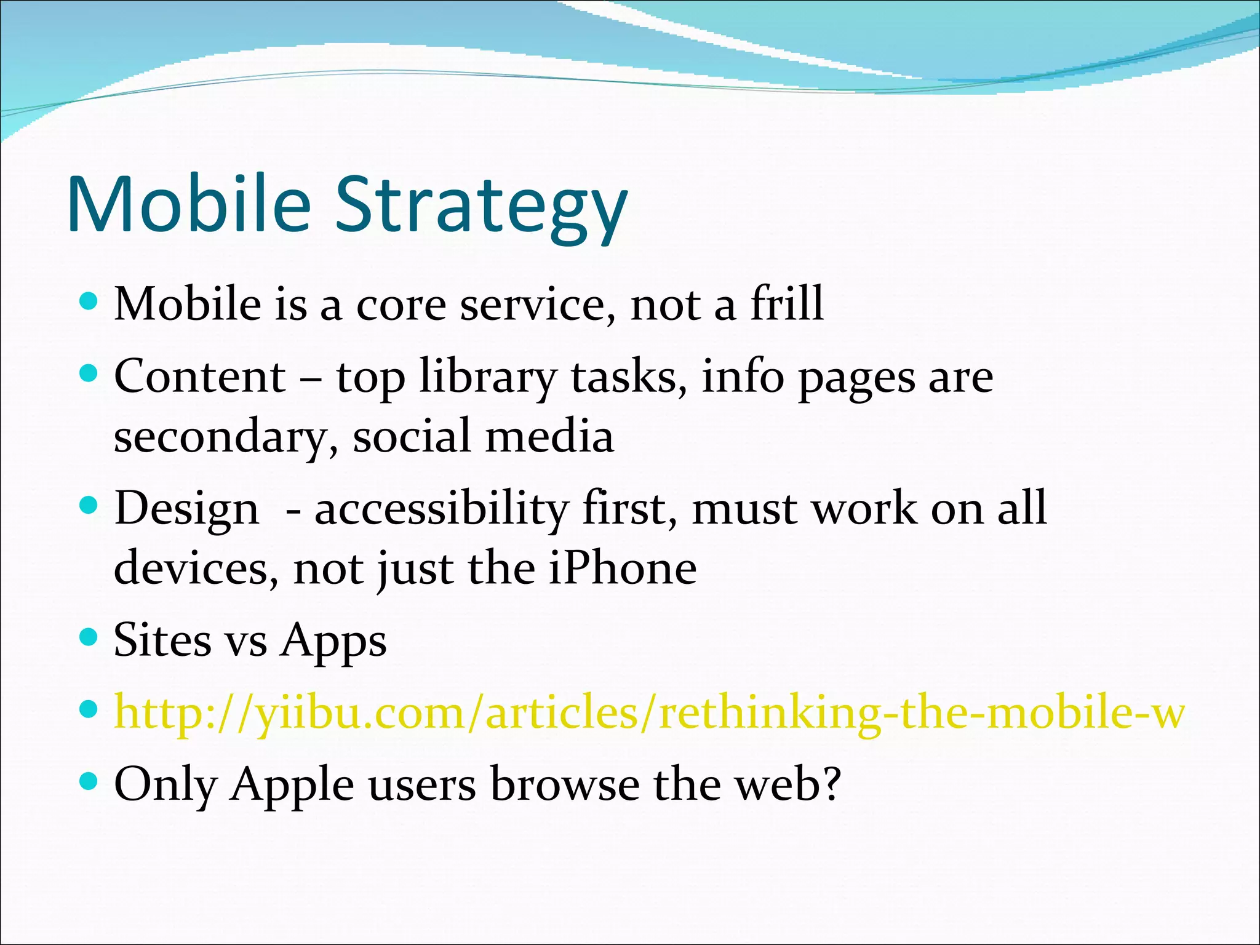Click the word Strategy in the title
coord(480,206)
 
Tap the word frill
coord(787,304)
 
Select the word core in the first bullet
coord(401,305)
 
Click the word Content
coord(200,377)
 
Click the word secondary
coord(225,437)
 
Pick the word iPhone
coord(621,568)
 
